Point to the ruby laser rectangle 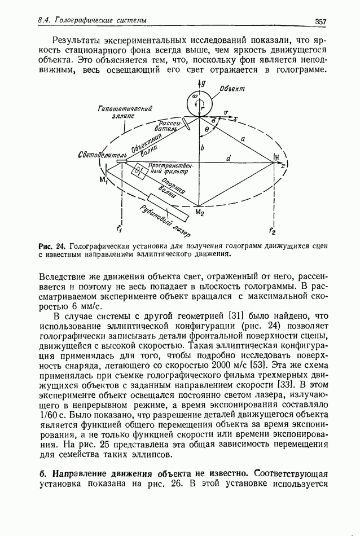coord(168,208)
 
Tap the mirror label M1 coord(103,179)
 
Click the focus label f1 coord(118,229)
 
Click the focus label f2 coord(272,231)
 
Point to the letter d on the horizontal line coord(229,159)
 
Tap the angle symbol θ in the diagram coord(207,130)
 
